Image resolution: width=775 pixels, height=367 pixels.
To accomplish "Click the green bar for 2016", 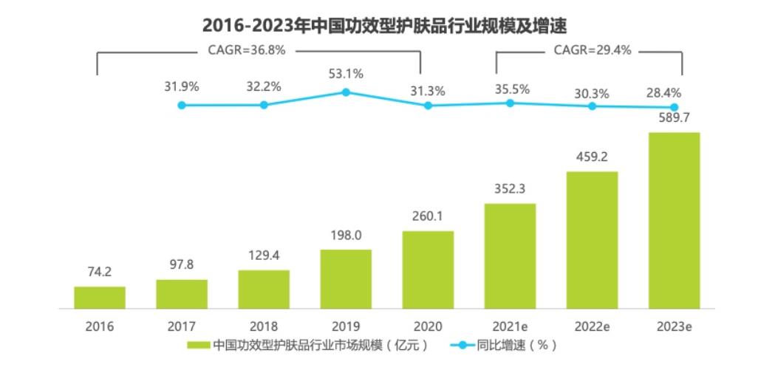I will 100,297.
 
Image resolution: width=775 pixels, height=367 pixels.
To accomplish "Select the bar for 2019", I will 346,278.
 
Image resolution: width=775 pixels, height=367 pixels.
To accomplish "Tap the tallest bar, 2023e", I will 674,220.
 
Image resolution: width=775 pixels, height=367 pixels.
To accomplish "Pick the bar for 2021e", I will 510,255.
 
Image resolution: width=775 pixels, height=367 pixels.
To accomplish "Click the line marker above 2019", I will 346,92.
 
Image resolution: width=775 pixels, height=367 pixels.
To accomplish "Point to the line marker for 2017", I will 182,105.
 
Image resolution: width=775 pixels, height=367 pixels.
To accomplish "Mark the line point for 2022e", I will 592,106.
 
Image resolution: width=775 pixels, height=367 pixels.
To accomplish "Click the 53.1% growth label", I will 346,74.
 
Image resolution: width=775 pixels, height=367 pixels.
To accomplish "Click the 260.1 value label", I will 428,217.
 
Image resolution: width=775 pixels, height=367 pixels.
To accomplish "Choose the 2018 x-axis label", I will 264,326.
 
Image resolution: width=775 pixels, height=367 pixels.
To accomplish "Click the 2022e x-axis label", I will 592,326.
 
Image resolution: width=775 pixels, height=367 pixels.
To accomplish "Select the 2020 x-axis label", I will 428,326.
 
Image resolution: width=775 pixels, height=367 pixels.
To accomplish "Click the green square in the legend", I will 198,346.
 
